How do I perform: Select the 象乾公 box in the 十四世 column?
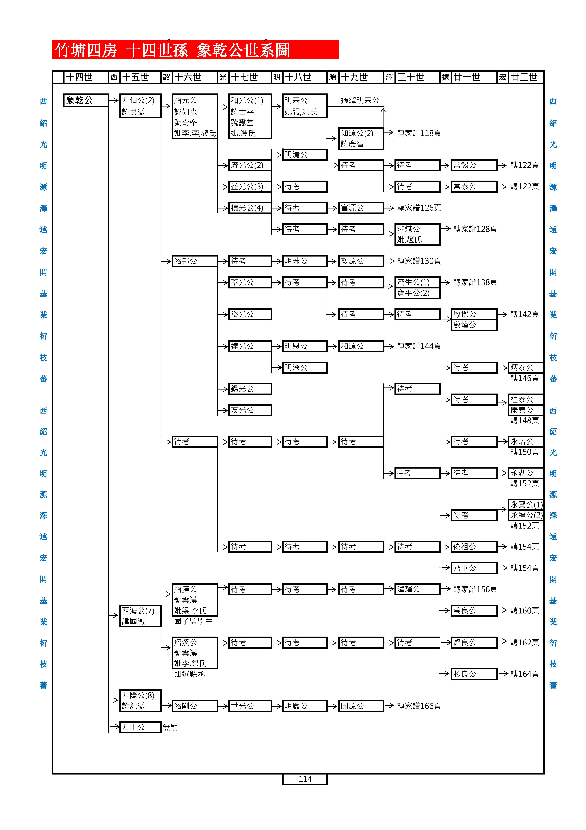(86, 100)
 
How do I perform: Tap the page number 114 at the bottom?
(305, 779)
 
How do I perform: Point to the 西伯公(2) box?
(140, 106)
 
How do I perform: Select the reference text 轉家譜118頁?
(419, 133)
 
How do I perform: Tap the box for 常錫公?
(474, 165)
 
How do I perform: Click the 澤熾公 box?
(417, 234)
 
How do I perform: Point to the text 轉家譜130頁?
(419, 261)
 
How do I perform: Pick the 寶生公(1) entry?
(417, 282)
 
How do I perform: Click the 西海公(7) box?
(140, 616)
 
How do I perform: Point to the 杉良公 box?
(474, 674)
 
